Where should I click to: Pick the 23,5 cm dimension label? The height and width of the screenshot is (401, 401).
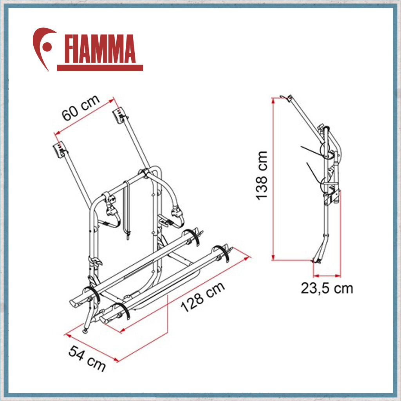327,288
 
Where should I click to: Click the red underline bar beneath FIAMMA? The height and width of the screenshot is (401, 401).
100,68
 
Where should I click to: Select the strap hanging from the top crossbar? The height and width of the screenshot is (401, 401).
127,208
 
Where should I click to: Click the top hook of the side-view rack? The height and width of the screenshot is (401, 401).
286,97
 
